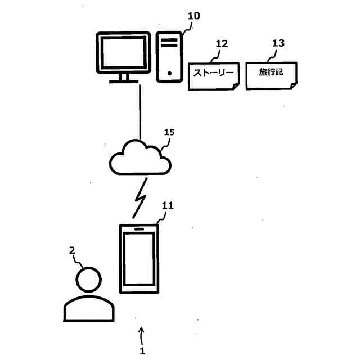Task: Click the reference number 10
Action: coord(193,16)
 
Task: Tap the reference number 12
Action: coord(222,44)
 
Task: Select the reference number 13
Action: coord(278,43)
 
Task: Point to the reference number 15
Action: coord(169,132)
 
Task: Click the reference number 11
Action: coord(168,205)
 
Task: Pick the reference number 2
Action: coord(72,250)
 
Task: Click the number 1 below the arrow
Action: coord(142,351)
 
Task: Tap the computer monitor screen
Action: coord(124,53)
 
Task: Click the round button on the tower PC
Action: coord(169,74)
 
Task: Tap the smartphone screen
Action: coord(139,259)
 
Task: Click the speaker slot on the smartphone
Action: coord(139,229)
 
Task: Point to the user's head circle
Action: coord(89,267)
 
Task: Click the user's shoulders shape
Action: coord(89,296)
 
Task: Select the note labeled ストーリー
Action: coord(214,76)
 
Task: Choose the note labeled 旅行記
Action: coord(271,75)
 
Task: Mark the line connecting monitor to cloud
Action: coord(140,112)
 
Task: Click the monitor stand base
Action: coord(124,82)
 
